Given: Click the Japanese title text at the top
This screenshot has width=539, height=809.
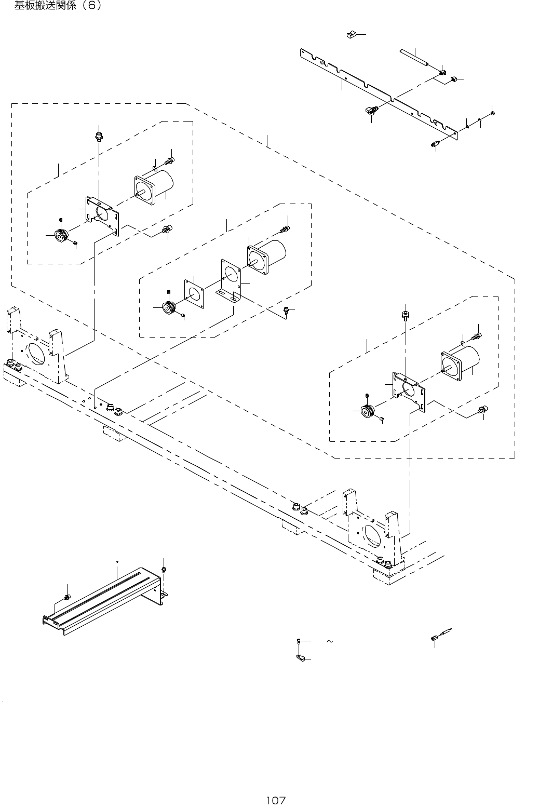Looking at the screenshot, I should [x=58, y=6].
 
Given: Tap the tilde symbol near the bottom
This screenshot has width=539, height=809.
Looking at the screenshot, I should [x=329, y=642].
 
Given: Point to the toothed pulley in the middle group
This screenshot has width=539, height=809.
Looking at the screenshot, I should [x=169, y=307].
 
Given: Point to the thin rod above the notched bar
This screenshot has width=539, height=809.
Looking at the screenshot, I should [x=414, y=57].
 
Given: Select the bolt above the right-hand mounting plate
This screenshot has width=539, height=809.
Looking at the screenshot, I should [x=405, y=315].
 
